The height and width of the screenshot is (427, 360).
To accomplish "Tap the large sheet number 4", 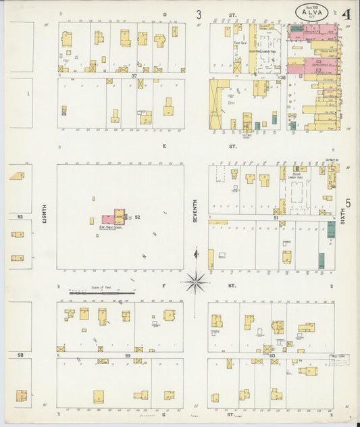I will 345,14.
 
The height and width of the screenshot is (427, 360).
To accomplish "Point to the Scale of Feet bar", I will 101,293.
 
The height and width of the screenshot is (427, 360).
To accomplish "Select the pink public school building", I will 109,219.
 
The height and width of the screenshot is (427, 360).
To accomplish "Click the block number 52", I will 137,217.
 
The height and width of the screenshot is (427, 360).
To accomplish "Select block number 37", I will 134,76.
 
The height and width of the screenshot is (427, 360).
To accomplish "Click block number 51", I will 276,218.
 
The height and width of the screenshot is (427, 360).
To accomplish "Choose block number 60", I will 272,355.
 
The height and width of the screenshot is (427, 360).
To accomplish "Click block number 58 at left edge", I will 20,355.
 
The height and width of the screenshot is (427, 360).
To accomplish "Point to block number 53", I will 20,217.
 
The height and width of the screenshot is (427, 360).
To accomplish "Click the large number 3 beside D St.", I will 199,14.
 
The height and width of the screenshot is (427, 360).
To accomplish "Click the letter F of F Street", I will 163,286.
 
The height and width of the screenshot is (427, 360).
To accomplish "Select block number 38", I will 284,78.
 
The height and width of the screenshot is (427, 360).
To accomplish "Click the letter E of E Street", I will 163,145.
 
